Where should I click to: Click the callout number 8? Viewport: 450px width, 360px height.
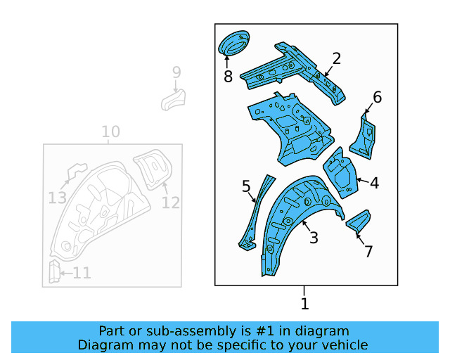[228, 77]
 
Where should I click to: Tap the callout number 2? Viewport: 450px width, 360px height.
[337, 58]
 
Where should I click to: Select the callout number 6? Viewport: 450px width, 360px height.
[377, 97]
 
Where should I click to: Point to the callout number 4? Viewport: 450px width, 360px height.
[374, 183]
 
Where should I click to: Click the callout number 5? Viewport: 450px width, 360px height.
[246, 186]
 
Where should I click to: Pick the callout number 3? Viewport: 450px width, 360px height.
[314, 238]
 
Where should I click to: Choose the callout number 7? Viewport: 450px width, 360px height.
[368, 251]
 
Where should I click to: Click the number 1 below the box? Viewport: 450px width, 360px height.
[304, 304]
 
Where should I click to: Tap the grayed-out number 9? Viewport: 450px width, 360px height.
[176, 72]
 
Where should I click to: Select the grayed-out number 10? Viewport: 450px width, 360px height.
[110, 131]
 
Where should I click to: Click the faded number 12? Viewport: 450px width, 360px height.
[82, 273]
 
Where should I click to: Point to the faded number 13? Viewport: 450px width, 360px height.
[171, 202]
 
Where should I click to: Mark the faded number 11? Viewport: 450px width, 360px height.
[58, 198]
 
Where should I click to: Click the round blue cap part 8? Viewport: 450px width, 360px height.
[234, 43]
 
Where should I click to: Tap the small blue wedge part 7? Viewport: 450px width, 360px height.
[357, 221]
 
